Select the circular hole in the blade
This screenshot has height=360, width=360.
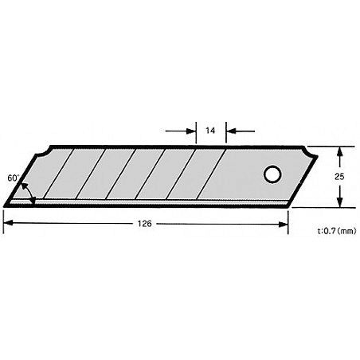(272, 175)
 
